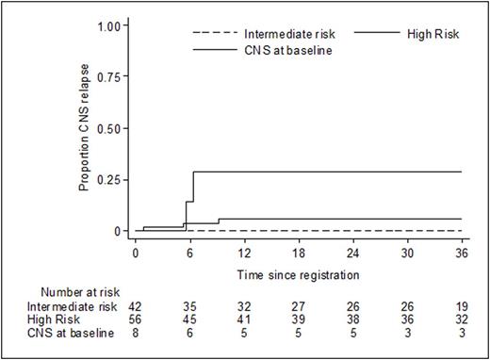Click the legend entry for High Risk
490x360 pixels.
click(404, 33)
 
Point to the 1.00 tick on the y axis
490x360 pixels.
click(110, 25)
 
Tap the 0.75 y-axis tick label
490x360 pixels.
click(110, 76)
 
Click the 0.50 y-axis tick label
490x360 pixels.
click(110, 128)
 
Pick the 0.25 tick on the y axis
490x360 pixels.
click(110, 179)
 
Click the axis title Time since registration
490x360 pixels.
click(300, 273)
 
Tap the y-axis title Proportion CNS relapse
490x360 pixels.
click(85, 127)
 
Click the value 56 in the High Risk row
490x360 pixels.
click(136, 320)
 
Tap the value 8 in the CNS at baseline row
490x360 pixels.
click(136, 334)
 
